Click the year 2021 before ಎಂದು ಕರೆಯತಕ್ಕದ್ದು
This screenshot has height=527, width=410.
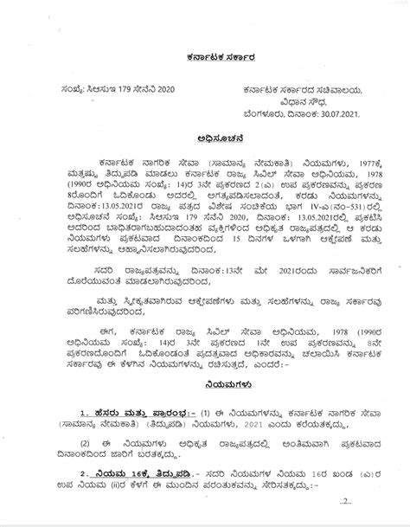(276, 417)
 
